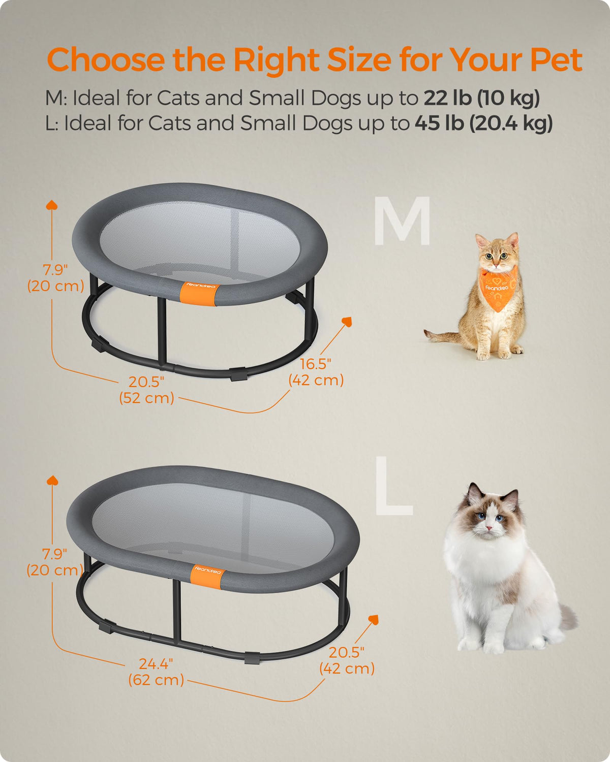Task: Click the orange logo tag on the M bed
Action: [x=200, y=294]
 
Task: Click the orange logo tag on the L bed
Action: [x=207, y=577]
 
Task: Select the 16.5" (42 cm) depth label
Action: [x=316, y=372]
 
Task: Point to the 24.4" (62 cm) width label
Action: [x=156, y=672]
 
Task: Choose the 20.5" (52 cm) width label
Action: [x=146, y=390]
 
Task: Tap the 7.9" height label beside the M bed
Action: [x=55, y=278]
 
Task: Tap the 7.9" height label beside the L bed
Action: [x=55, y=562]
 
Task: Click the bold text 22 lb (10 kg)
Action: [x=482, y=98]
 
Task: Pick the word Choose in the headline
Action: [x=106, y=59]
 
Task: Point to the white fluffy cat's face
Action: [x=490, y=520]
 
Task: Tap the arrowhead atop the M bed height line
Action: [x=52, y=205]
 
